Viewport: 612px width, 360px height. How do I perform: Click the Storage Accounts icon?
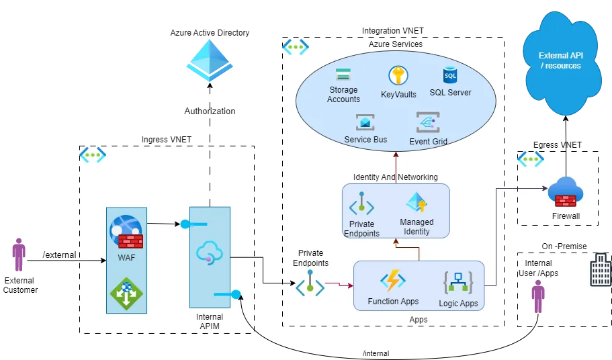343,74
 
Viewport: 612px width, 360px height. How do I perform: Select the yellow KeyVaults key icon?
398,76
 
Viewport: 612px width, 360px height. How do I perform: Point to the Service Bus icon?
365,123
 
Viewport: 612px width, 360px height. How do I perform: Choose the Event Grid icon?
428,123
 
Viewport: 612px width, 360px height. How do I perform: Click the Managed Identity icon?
417,203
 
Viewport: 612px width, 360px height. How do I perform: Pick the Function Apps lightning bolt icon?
393,281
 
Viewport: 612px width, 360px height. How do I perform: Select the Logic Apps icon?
458,282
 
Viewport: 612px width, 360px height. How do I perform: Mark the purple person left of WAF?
19,255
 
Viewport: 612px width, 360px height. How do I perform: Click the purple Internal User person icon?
537,296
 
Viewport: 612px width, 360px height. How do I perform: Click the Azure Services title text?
396,44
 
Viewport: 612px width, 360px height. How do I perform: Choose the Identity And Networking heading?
395,177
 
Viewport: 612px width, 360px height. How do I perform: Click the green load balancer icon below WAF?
126,294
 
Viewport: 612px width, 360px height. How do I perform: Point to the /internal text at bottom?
376,353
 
